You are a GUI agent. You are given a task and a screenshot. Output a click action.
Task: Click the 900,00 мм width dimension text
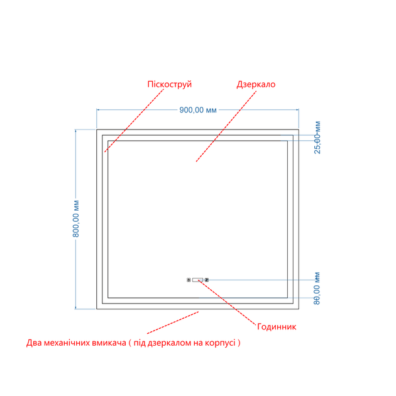tap(198, 110)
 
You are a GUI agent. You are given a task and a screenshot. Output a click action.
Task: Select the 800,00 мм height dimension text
tap(76, 219)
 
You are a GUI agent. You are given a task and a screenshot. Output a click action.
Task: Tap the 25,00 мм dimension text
tap(317, 138)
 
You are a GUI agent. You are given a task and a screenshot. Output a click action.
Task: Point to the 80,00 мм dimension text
tap(317, 288)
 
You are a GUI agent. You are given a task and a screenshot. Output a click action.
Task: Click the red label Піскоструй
tap(170, 84)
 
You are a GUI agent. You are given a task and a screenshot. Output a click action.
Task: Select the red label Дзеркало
tap(256, 84)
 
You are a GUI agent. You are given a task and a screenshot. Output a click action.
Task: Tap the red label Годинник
tap(277, 327)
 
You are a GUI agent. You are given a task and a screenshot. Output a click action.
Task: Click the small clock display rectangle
tap(197, 280)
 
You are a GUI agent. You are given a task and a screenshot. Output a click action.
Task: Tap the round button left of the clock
tap(189, 280)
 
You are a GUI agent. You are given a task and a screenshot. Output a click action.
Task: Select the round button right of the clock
tap(207, 280)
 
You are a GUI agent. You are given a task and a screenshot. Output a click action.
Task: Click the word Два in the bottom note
tap(34, 343)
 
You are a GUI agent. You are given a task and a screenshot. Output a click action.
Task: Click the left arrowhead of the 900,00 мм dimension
tap(98, 110)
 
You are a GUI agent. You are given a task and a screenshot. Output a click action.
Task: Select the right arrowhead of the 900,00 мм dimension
tap(297, 110)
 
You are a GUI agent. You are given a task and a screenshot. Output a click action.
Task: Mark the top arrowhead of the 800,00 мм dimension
tap(75, 131)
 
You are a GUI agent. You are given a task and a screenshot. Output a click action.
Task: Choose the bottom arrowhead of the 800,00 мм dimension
tap(75, 307)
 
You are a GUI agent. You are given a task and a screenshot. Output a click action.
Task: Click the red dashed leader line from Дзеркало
tap(226, 126)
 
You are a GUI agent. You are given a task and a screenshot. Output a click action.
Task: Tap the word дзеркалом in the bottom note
tap(169, 343)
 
